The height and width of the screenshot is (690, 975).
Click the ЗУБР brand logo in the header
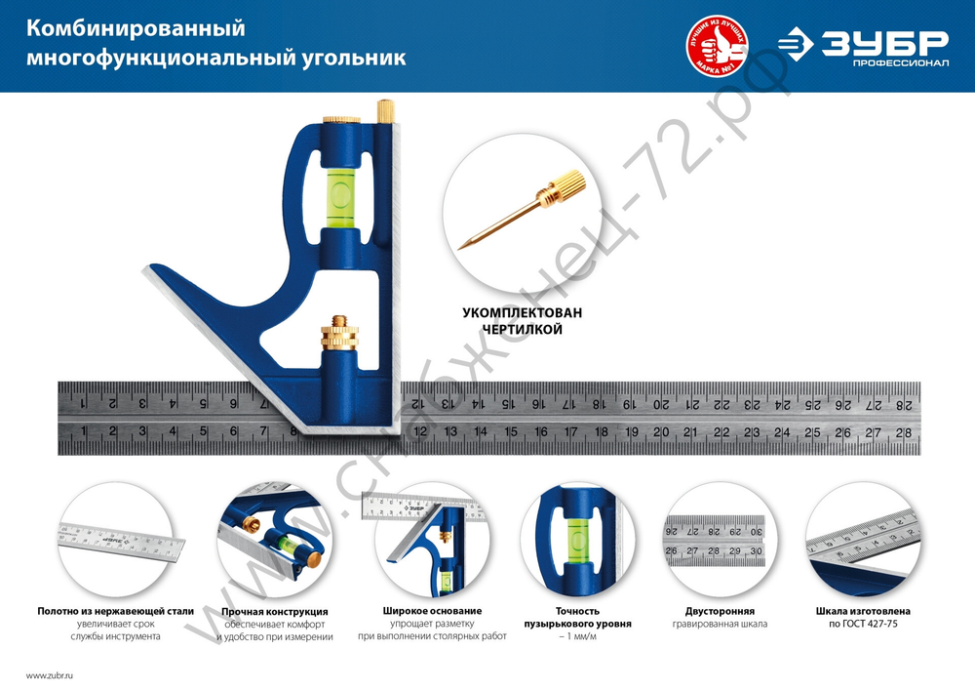[x=863, y=45]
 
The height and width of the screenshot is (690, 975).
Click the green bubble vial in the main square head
[x=342, y=190]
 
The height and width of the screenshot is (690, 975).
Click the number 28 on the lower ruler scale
[x=904, y=432]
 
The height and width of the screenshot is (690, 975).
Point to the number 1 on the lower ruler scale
[x=85, y=431]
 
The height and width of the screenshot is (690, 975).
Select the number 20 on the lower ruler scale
[x=661, y=431]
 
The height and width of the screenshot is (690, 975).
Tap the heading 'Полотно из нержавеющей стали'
[x=115, y=611]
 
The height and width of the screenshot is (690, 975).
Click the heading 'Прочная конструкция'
[x=274, y=611]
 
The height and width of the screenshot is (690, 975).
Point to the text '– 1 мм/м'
[x=577, y=635]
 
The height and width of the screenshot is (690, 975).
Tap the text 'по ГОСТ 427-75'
[x=863, y=623]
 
